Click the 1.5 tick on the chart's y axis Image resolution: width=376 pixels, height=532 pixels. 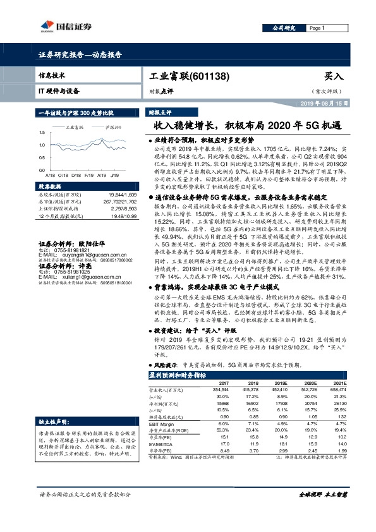click(42, 131)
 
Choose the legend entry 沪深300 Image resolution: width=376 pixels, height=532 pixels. click(113, 126)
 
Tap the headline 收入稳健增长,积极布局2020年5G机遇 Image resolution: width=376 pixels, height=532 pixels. click(248, 126)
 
